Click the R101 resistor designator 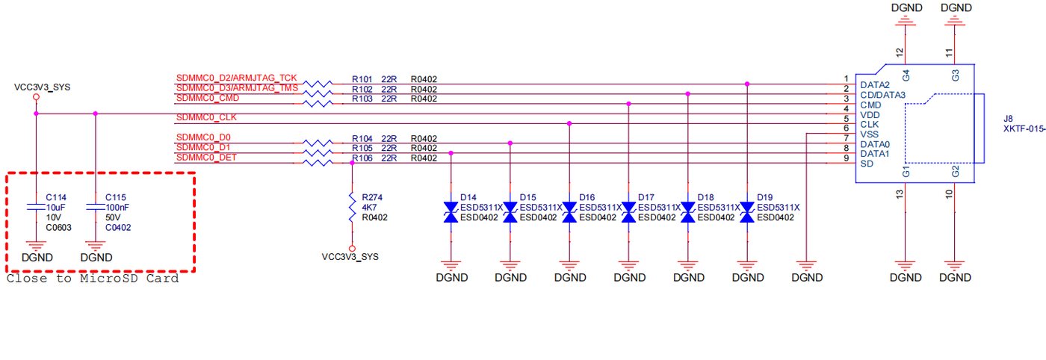(x=362, y=79)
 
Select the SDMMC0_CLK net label (x=206, y=117)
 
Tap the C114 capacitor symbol (x=36, y=206)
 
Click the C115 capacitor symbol (x=96, y=206)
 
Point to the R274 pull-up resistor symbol (x=352, y=208)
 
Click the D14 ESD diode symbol (x=451, y=212)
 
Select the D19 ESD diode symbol (x=747, y=212)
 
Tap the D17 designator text (x=646, y=197)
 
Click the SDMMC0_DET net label (x=206, y=158)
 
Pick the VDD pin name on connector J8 (x=870, y=115)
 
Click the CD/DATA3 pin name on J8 (x=882, y=95)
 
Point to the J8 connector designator (x=1008, y=119)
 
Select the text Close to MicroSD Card (x=93, y=279)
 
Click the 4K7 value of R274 (x=369, y=208)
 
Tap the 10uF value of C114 (x=55, y=208)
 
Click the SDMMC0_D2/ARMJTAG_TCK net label (x=236, y=78)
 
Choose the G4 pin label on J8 (x=906, y=75)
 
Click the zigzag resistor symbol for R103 (x=318, y=104)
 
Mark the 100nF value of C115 (x=117, y=208)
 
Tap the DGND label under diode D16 (x=570, y=277)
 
